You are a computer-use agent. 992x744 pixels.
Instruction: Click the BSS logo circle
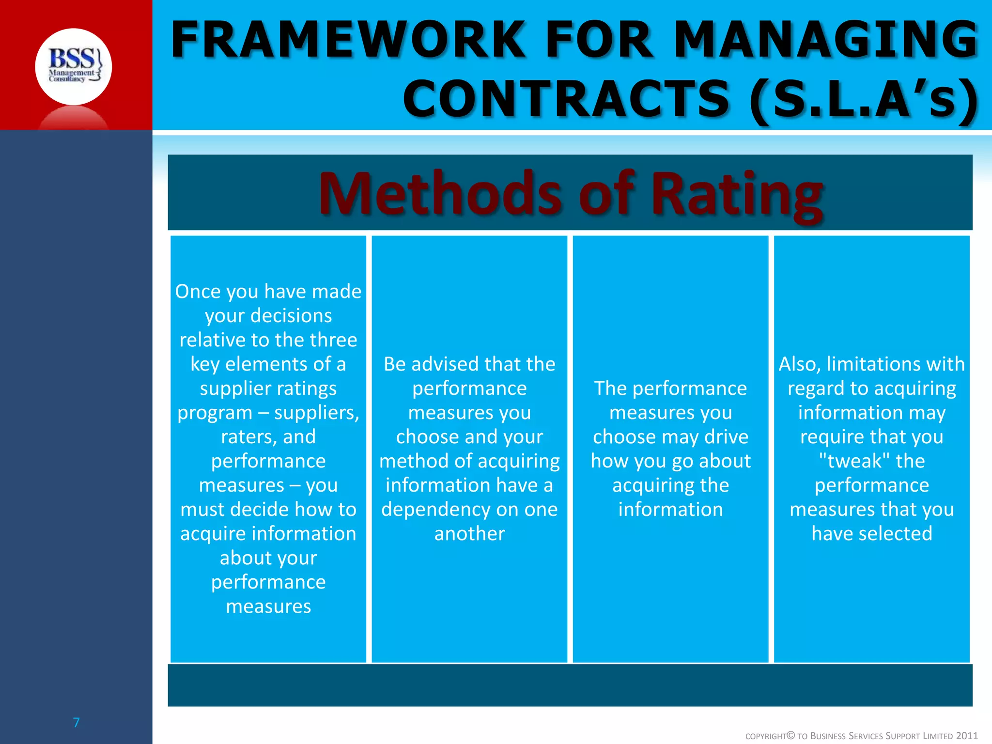point(73,66)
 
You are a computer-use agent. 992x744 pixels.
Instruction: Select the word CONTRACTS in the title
point(566,99)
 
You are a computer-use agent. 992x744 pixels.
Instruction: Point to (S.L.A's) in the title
point(864,99)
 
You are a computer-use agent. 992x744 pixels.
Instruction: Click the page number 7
point(76,723)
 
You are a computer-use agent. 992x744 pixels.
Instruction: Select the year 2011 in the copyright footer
point(967,736)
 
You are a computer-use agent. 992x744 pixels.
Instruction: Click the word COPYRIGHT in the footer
point(765,736)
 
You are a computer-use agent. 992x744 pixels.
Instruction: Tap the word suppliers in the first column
point(316,413)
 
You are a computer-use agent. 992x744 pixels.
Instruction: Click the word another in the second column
point(469,534)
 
